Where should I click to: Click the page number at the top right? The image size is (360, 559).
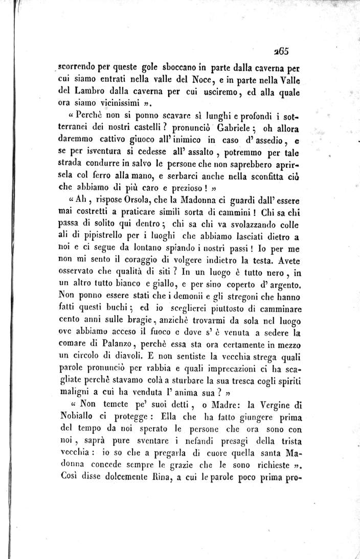(282, 50)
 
